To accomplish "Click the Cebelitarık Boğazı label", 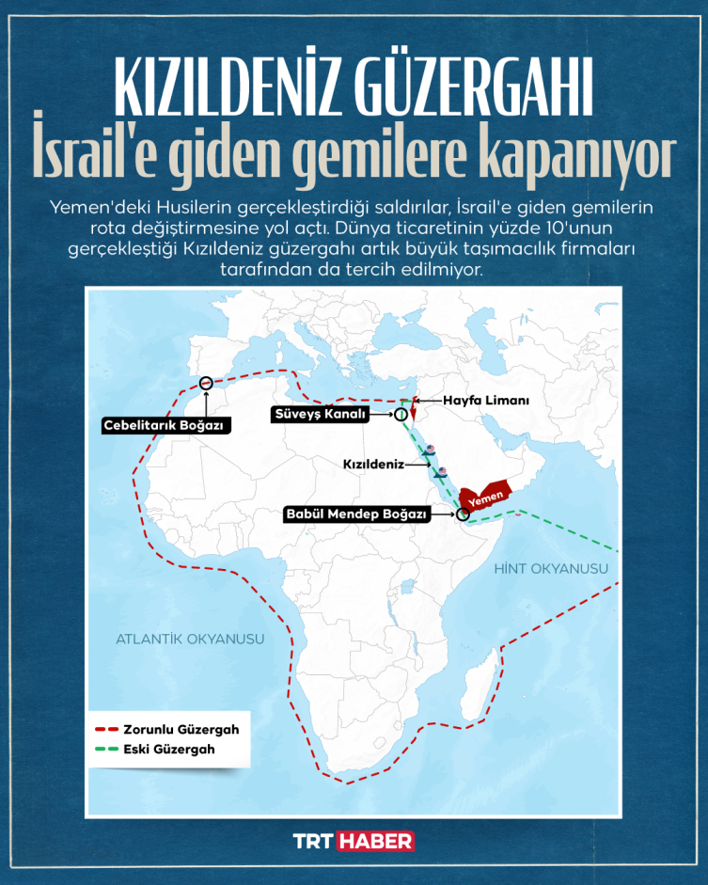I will (166, 425).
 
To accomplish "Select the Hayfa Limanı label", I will (486, 400).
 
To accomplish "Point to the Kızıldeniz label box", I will (373, 465).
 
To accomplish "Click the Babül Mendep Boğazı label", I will (357, 514).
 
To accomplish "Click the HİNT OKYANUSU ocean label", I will (551, 569).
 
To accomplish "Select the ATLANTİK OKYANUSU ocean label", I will (190, 639).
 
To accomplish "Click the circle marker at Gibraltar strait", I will (207, 382).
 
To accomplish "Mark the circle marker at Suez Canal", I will (401, 414).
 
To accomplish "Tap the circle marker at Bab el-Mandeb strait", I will (462, 514).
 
